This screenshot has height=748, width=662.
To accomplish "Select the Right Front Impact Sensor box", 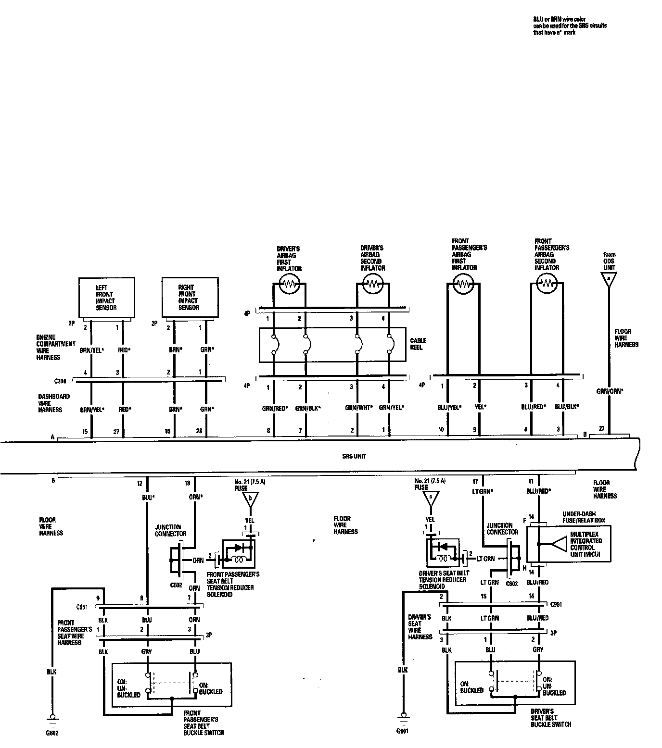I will coord(190,297).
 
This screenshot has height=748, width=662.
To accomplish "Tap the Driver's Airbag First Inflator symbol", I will coord(290,284).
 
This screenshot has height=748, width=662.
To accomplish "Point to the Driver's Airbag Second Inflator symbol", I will coord(373,284).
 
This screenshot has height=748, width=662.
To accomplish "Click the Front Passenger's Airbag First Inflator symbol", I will coord(463,284).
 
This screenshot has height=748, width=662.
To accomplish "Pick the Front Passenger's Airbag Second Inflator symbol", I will coord(547,284).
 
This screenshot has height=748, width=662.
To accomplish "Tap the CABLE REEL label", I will coord(418,344).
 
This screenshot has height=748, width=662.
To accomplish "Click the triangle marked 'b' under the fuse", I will coord(250,500).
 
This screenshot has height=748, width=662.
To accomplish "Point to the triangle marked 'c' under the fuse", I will coord(431,499).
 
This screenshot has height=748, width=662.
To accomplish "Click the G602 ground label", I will coord(51,734).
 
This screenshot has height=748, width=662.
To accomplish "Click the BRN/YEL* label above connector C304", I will coord(92,350).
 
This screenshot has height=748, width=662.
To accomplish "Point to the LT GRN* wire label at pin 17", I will coord(483,492).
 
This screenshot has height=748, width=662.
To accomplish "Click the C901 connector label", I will coord(556,604).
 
